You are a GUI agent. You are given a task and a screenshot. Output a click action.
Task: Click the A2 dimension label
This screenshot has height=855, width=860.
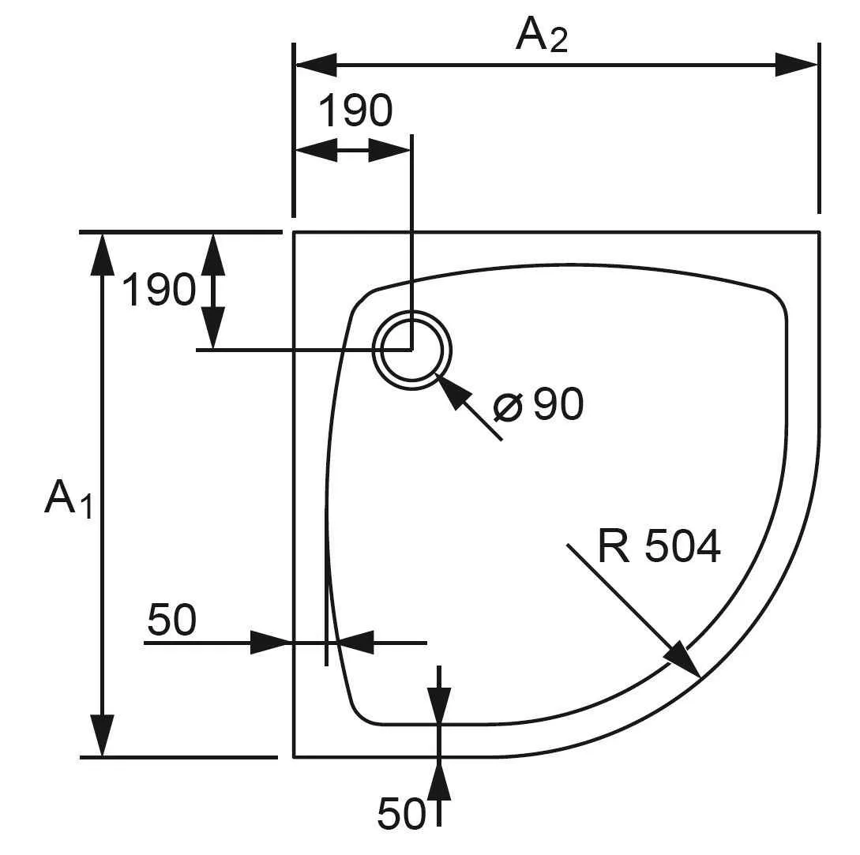click(541, 35)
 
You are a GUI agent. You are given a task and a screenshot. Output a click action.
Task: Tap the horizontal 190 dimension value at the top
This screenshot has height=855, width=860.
click(355, 111)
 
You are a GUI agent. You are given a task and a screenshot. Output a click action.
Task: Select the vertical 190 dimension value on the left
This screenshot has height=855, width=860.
click(158, 290)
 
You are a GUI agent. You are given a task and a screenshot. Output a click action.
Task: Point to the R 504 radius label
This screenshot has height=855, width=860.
click(659, 546)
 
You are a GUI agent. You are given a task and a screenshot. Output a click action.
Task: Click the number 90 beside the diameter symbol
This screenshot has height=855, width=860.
click(558, 404)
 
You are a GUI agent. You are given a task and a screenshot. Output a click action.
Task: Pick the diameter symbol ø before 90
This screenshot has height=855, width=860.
click(508, 407)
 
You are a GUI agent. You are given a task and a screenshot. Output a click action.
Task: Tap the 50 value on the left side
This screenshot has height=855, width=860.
click(171, 620)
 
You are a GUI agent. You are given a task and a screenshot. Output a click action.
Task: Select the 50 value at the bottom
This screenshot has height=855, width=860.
click(400, 813)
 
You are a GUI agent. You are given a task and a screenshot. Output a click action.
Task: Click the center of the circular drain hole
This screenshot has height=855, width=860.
click(411, 350)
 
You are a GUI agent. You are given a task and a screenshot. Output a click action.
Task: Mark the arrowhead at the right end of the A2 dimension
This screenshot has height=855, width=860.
click(796, 65)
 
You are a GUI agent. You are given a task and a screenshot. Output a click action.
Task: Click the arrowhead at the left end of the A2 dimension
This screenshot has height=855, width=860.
click(315, 65)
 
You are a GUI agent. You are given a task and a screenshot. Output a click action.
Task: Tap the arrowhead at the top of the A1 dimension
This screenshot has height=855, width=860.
click(102, 253)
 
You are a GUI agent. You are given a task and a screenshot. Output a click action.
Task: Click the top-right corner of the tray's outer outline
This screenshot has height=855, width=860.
click(819, 232)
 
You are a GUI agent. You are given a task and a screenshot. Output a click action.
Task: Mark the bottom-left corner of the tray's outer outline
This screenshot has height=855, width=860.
click(294, 756)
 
